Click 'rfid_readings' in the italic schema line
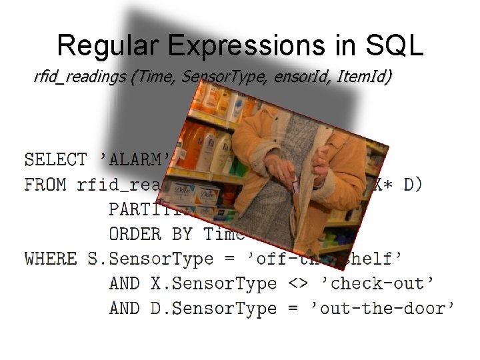point(81,78)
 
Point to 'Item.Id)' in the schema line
point(365,77)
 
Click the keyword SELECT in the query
point(55,160)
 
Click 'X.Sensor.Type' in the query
point(214,283)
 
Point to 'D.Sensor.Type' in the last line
point(214,308)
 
